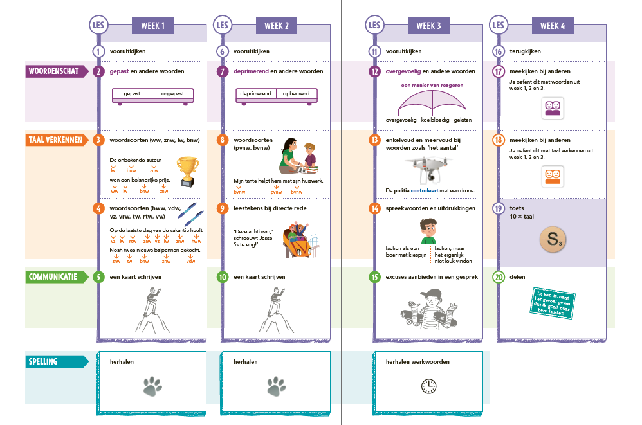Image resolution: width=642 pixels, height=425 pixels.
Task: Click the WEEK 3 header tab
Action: pos(429,26)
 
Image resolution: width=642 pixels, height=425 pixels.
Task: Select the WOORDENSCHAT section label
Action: pos(57,71)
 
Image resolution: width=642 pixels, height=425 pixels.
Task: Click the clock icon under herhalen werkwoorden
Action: pos(428,386)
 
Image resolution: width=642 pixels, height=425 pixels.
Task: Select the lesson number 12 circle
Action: pos(374,71)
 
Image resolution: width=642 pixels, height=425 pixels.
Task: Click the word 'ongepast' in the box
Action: pos(172,93)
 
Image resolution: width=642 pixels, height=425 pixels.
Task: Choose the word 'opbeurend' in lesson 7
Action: pos(296,93)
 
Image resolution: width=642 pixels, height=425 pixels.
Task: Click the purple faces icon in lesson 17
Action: pos(553,107)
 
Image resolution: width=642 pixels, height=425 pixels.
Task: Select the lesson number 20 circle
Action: pos(498,277)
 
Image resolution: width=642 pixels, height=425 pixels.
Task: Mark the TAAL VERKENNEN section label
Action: pos(57,139)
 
